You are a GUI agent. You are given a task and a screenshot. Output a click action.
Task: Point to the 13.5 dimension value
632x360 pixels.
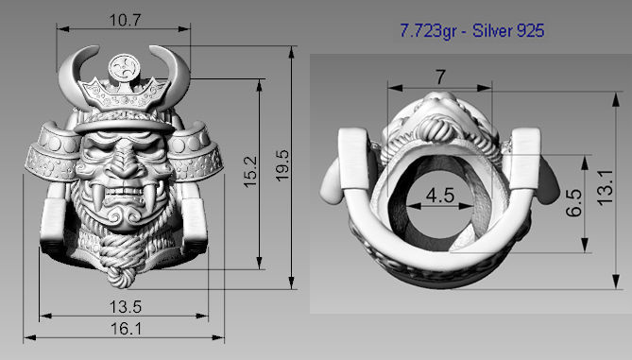(126, 306)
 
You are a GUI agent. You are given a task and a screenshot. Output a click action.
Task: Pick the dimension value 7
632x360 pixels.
(439, 76)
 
